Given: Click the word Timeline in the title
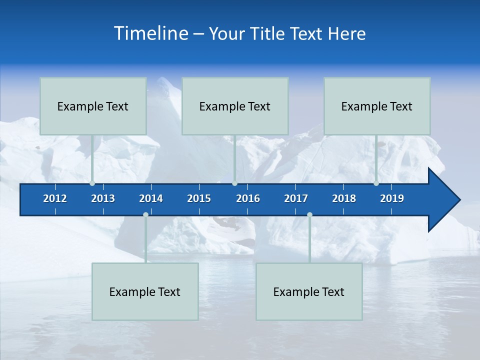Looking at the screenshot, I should point(150,33).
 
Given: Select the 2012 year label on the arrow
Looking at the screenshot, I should point(55,198).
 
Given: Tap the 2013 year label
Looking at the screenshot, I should point(103,198).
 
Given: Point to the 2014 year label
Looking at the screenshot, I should point(151,198).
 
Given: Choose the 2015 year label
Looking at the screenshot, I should point(199,198).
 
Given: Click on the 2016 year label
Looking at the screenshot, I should point(248,198).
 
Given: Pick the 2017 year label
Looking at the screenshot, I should point(296,198).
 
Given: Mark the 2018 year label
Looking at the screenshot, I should point(344,198).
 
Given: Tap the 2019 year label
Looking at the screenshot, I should point(392,198).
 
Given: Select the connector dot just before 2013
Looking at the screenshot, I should point(92,183).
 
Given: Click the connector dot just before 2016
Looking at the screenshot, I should point(235,183).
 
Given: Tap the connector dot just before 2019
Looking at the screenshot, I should point(376,183).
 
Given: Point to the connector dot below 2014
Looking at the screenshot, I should point(145,214).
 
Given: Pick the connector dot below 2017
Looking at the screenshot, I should point(309,214).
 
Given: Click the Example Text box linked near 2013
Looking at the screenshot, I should point(93,106).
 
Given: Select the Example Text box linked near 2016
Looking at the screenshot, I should point(235,106).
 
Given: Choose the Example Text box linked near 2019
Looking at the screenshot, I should point(377,106).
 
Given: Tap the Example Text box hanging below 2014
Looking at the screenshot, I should point(145,291).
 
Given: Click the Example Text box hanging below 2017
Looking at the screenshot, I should point(309,291).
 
